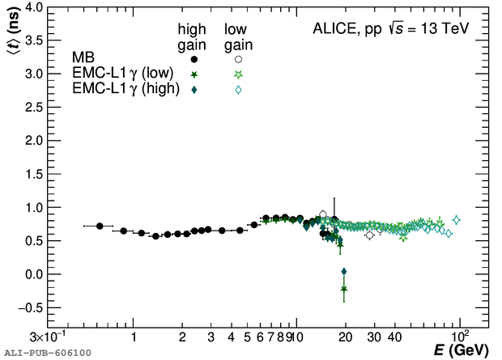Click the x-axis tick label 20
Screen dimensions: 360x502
tap(346, 337)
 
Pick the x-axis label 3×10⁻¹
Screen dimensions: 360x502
tap(47, 337)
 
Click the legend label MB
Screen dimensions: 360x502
tap(83, 59)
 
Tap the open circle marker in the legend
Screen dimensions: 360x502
tap(238, 59)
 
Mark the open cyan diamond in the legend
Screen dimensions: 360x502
tap(238, 90)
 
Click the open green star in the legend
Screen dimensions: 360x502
tap(238, 74)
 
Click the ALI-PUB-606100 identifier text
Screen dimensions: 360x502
tap(47, 353)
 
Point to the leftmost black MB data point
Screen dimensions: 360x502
tap(100, 226)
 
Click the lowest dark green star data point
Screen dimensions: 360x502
tap(344, 289)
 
